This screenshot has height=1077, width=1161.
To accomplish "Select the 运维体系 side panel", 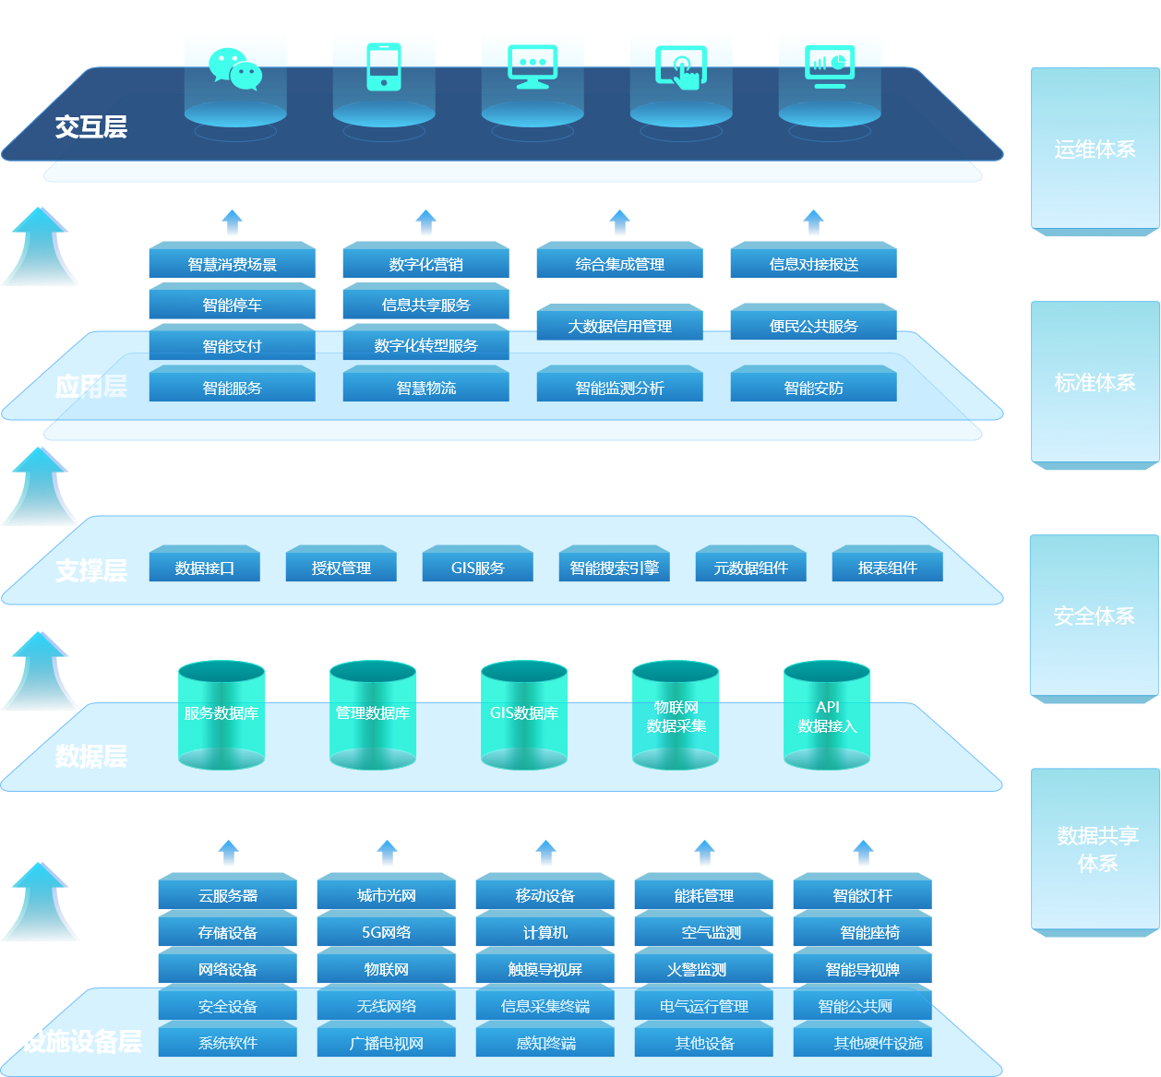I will click(1095, 150).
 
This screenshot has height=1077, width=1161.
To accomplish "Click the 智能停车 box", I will click(232, 305).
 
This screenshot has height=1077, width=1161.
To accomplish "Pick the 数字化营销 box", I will click(425, 264).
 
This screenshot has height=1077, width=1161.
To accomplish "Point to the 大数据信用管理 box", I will click(619, 326).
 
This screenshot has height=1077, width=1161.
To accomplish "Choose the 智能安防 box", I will click(813, 388).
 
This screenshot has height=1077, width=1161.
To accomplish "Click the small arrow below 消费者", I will click(233, 223).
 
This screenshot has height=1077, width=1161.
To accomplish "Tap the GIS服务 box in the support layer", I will click(477, 568).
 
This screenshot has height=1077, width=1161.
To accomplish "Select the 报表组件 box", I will click(887, 568).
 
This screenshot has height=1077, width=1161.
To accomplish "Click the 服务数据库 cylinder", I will click(221, 713).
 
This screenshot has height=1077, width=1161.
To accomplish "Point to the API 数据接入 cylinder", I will click(827, 716).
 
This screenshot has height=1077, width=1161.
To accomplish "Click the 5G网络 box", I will click(386, 932).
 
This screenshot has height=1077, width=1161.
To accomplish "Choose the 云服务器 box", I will click(227, 895).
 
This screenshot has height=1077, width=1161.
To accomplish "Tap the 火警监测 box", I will click(703, 969).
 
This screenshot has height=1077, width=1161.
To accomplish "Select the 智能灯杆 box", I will click(862, 895).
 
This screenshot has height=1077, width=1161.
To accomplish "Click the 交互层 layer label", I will click(90, 126).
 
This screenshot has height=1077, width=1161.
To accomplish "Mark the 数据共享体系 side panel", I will click(1096, 849).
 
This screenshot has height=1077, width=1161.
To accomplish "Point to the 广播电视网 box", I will click(386, 1043).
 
